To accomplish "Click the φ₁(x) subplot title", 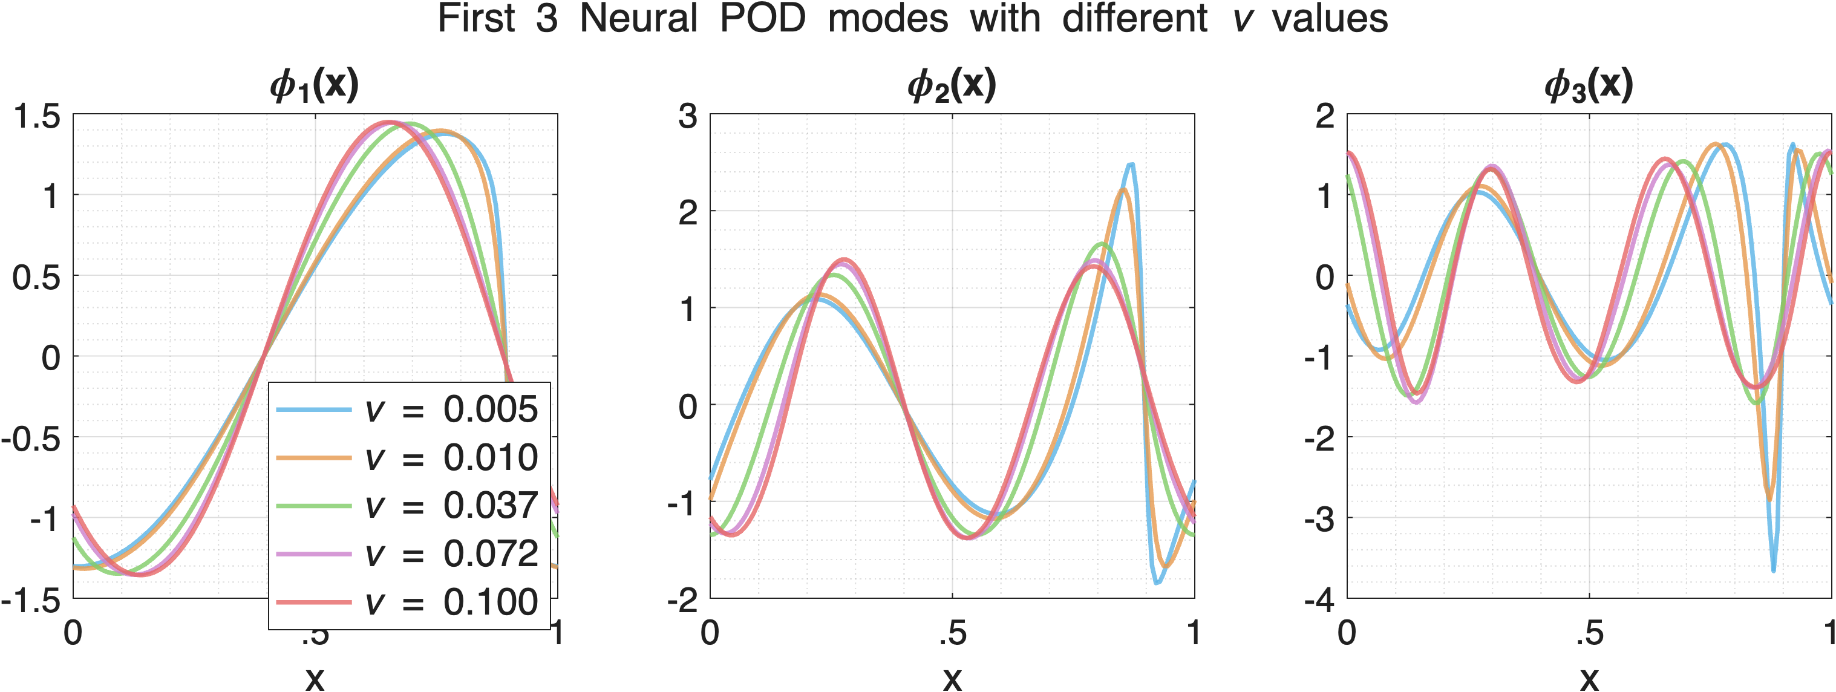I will click(315, 85).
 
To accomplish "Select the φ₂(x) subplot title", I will click(952, 85).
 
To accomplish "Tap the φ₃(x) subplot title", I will click(1589, 85).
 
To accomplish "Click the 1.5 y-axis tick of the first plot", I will click(38, 116).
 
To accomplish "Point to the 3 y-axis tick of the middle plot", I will click(688, 116).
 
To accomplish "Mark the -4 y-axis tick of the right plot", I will click(1320, 601).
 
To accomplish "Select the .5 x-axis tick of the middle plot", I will click(952, 633).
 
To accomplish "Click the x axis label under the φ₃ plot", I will click(1589, 677).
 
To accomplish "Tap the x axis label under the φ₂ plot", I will click(952, 677).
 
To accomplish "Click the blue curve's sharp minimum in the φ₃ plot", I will click(1773, 569).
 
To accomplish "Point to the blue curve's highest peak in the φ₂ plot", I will click(1131, 165).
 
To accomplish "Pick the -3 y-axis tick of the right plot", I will click(1320, 520).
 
